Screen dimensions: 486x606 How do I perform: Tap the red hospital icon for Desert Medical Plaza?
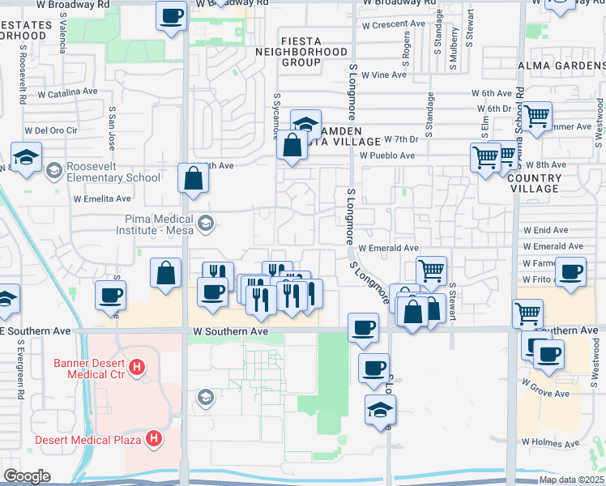point(151,440)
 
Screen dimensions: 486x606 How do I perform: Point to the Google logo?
point(27,475)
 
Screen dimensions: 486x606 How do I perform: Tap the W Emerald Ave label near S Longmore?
point(388,248)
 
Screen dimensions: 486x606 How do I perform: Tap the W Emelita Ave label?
point(102,198)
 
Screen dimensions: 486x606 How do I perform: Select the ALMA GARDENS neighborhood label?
point(560,66)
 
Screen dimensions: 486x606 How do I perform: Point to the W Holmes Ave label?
point(550,443)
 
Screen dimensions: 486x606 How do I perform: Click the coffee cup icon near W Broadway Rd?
point(172,17)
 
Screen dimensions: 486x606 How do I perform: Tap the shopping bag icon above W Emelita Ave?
point(194,179)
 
